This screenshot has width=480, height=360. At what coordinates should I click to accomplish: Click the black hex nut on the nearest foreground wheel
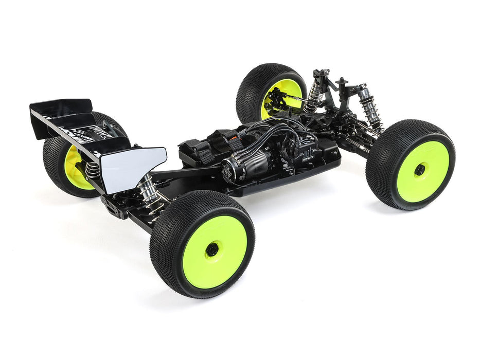pyautogui.click(x=211, y=250)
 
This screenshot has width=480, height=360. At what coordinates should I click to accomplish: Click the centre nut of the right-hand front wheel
pyautogui.click(x=420, y=169)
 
